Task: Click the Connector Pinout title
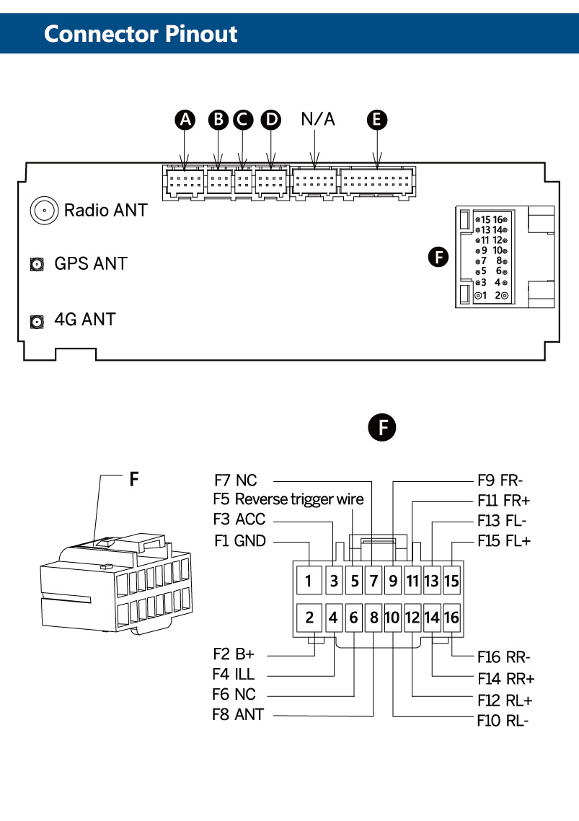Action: point(141,33)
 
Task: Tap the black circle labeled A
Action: point(187,120)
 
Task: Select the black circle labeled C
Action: point(244,120)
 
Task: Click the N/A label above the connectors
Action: point(318,119)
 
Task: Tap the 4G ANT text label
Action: point(84,319)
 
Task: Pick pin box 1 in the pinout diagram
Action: point(309,580)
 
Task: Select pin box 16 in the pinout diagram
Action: point(451,618)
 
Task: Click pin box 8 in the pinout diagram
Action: point(374,618)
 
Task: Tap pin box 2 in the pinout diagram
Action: point(309,618)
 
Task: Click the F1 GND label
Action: point(239,540)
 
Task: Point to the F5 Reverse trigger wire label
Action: point(288,499)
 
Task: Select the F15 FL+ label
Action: point(503,540)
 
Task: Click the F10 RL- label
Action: point(503,720)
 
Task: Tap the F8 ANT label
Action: point(238,715)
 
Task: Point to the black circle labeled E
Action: point(376,120)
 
